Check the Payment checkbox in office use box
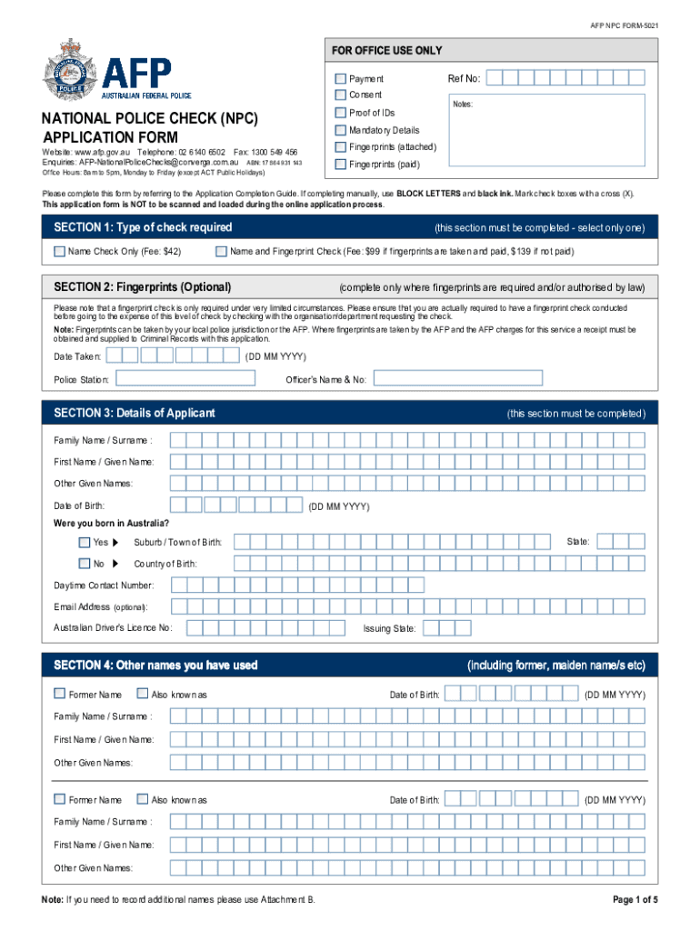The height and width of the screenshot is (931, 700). point(340,79)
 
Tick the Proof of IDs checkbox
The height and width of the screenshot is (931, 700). point(340,113)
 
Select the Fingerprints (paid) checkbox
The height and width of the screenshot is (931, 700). point(340,165)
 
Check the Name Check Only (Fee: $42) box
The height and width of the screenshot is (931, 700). point(59,251)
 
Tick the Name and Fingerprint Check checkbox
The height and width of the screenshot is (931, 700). point(221,251)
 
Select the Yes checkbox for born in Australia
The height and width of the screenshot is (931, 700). point(85,542)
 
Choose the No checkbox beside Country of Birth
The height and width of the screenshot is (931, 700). point(85,564)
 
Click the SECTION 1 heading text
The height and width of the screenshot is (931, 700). point(143,227)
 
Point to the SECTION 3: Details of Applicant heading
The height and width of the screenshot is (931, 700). point(135,413)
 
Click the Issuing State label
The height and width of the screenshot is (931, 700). point(390,628)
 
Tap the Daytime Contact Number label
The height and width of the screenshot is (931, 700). point(104,586)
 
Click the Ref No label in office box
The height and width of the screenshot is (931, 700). point(464,79)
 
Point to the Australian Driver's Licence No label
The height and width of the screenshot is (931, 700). point(113,628)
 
